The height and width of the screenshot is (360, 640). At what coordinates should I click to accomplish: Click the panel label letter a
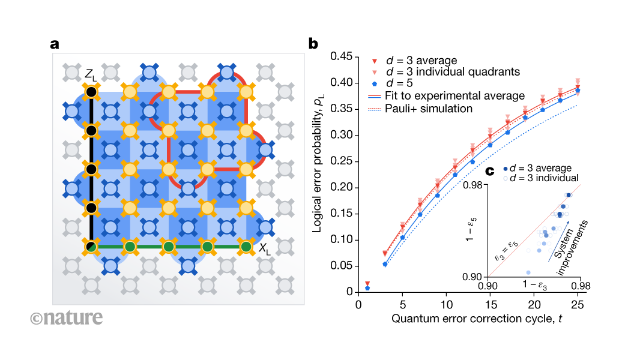pyautogui.click(x=55, y=44)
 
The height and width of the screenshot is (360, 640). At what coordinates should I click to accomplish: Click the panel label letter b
pyautogui.click(x=313, y=44)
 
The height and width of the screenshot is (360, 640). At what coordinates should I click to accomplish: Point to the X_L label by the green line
pyautogui.click(x=264, y=250)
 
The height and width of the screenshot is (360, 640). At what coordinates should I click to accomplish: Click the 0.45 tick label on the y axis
pyautogui.click(x=339, y=58)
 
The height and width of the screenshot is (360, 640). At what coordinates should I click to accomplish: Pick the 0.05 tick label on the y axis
pyautogui.click(x=339, y=266)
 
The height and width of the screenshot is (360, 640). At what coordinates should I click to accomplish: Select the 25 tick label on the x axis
pyautogui.click(x=578, y=304)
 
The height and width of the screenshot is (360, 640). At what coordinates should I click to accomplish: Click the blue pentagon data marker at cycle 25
pyautogui.click(x=578, y=91)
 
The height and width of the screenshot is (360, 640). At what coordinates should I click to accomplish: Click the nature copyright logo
pyautogui.click(x=67, y=317)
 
